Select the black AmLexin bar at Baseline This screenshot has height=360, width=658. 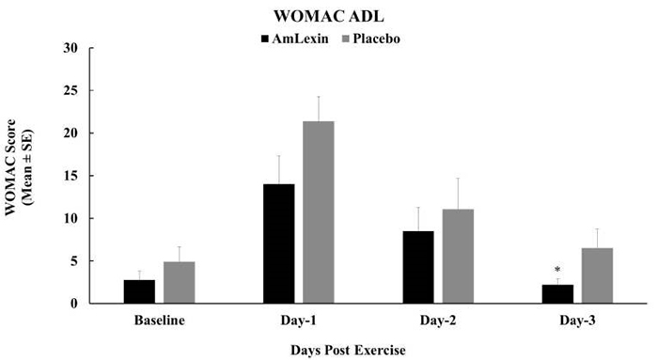pyautogui.click(x=139, y=291)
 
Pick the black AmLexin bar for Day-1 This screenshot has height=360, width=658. pyautogui.click(x=279, y=243)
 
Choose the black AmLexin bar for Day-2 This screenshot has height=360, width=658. pyautogui.click(x=419, y=267)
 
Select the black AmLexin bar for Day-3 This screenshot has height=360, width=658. pyautogui.click(x=559, y=294)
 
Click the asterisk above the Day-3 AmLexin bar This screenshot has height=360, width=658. pyautogui.click(x=557, y=271)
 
